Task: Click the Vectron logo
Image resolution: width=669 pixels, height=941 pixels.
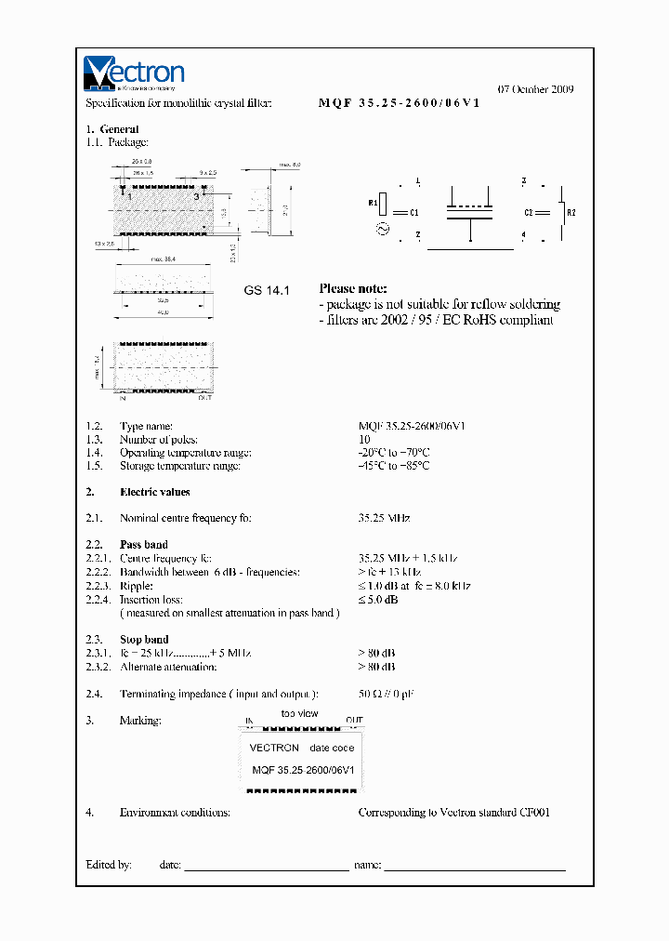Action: (x=135, y=73)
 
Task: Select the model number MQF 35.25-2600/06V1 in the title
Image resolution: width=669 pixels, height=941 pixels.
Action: (x=399, y=104)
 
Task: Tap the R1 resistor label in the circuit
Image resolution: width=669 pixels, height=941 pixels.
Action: (x=373, y=201)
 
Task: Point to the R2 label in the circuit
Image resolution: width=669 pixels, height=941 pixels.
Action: (x=571, y=213)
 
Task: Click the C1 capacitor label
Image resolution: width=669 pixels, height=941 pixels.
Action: (x=414, y=213)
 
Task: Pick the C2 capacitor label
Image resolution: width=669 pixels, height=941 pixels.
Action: (x=528, y=213)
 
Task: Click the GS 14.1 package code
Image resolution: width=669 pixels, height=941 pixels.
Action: (x=268, y=290)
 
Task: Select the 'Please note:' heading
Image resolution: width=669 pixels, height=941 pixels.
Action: (x=353, y=289)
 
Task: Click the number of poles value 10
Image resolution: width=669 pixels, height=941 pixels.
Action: (x=364, y=440)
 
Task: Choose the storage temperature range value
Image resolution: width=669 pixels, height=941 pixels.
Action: (x=394, y=466)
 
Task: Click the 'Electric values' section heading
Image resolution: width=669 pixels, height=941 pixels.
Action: (x=154, y=492)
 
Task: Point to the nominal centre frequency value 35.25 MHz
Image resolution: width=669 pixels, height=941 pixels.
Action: (x=384, y=518)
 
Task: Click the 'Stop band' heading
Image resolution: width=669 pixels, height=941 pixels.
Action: (x=144, y=640)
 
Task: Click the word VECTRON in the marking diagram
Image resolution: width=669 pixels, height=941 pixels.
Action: (x=274, y=748)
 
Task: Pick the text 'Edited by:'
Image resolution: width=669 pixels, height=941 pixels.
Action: (x=109, y=865)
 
